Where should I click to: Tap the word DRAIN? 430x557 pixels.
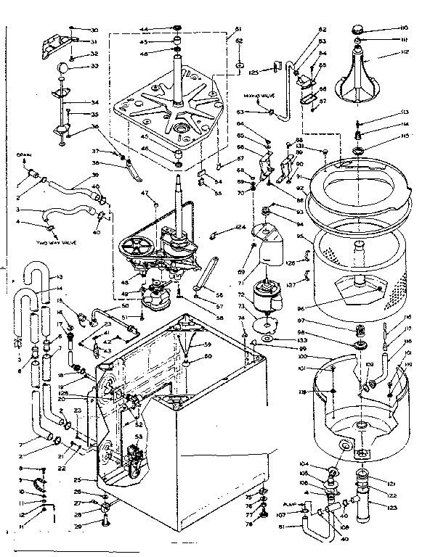click(23, 154)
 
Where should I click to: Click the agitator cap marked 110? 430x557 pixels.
click(358, 30)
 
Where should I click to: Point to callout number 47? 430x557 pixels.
click(145, 193)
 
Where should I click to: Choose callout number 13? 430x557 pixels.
click(60, 277)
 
